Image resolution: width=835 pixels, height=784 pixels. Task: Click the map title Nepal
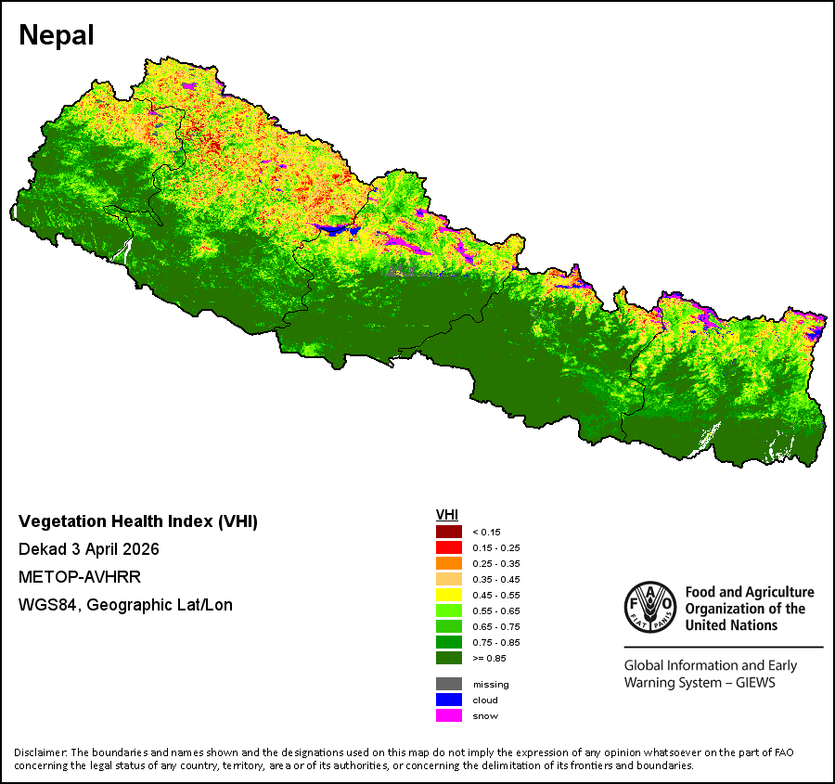[57, 35]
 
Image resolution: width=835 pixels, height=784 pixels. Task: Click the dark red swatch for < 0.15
[449, 532]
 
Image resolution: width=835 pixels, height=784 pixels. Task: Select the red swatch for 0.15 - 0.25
[449, 547]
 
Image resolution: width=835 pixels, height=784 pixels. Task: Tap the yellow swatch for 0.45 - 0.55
[449, 595]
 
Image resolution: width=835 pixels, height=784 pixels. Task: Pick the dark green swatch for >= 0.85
[449, 658]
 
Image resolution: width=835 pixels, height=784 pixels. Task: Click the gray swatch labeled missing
[449, 684]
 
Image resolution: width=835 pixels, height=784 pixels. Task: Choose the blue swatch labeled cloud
[449, 700]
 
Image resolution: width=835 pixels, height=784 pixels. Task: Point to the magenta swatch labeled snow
[449, 716]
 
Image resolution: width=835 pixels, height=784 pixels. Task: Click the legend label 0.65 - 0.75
[496, 627]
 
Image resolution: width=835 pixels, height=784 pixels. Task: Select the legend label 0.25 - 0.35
[496, 563]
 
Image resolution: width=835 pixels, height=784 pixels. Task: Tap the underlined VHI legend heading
[447, 515]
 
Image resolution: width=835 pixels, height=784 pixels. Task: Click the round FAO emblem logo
[650, 607]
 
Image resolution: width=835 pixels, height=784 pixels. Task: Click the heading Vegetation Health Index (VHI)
[138, 521]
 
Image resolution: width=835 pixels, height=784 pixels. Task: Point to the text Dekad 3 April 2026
[89, 549]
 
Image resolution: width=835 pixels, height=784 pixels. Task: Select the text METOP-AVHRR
[80, 577]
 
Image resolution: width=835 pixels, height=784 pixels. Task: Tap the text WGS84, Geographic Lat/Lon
[125, 605]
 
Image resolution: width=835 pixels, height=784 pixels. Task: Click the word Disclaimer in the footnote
[41, 752]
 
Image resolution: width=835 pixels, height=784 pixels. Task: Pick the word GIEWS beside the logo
[755, 683]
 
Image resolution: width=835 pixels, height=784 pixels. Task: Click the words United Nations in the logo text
[731, 625]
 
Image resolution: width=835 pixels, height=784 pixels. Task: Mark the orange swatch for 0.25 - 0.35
[449, 563]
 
